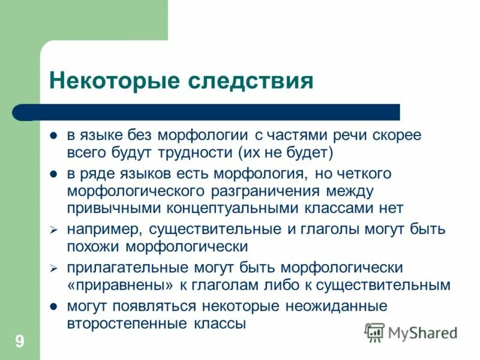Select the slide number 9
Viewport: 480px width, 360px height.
pyautogui.click(x=20, y=342)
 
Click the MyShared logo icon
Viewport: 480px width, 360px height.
pyautogui.click(x=375, y=332)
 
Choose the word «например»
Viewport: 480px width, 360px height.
pyautogui.click(x=104, y=230)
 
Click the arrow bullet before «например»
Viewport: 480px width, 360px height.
pyautogui.click(x=53, y=230)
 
